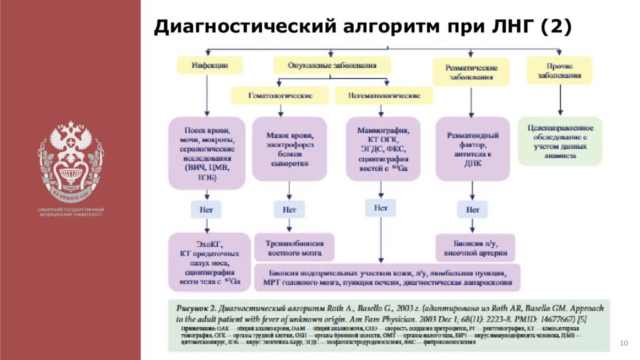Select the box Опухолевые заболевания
[332, 65]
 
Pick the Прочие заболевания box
[558, 70]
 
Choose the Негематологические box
[383, 95]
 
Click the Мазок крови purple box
[289, 149]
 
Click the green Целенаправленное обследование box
[560, 141]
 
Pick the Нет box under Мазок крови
[289, 210]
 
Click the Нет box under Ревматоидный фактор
[472, 210]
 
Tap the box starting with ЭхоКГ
[209, 261]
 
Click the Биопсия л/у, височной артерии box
[475, 247]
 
